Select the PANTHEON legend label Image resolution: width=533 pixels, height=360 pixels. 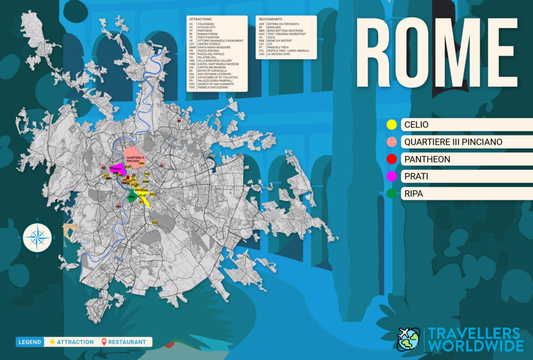[x=427, y=159]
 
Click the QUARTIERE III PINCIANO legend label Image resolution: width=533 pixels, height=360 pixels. [x=453, y=142]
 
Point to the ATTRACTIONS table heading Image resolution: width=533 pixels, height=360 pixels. [x=200, y=19]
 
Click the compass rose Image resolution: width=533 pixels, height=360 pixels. [x=37, y=237]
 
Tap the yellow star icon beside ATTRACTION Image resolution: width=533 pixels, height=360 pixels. [x=52, y=342]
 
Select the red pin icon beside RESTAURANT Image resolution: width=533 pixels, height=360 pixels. [x=104, y=342]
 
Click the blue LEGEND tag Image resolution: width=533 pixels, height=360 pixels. [x=29, y=342]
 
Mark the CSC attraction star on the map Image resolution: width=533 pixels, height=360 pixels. [x=155, y=222]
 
